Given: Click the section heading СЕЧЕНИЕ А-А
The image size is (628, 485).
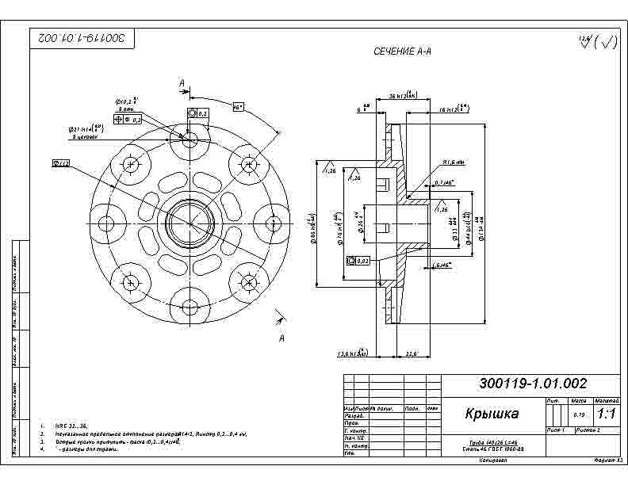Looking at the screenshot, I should click(x=402, y=52).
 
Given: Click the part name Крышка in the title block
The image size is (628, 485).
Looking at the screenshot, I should click(x=492, y=414).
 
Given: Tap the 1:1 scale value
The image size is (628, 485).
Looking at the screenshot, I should click(x=607, y=414).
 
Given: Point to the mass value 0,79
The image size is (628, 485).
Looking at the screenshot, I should click(x=579, y=414).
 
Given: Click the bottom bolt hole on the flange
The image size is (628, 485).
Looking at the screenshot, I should click(x=189, y=306).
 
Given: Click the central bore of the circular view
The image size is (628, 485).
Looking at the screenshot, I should click(x=189, y=221).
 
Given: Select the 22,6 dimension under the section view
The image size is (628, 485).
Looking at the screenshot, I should click(x=412, y=353).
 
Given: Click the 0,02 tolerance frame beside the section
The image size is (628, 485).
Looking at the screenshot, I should click(x=358, y=260).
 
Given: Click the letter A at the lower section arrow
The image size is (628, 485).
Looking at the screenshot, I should click(x=281, y=339).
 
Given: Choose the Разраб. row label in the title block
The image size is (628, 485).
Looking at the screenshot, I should click(x=354, y=416).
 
